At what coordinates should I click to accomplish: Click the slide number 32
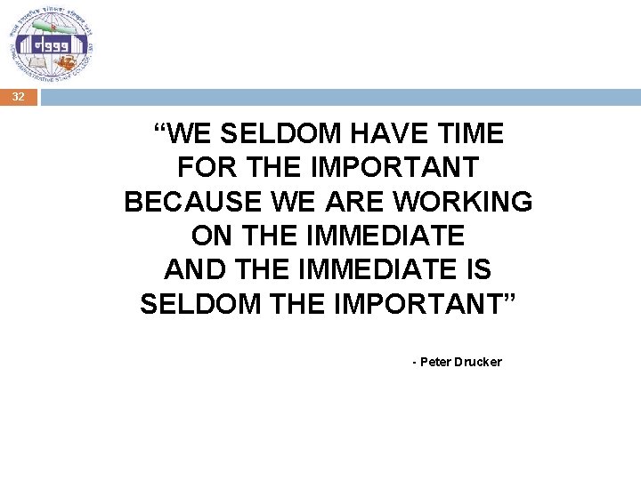(x=19, y=98)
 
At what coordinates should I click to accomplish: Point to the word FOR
(x=203, y=168)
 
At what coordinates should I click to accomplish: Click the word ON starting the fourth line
(x=210, y=236)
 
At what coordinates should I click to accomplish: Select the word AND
(x=191, y=269)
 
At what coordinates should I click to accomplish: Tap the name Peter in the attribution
(x=435, y=362)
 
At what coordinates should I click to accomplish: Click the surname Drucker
(x=478, y=362)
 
